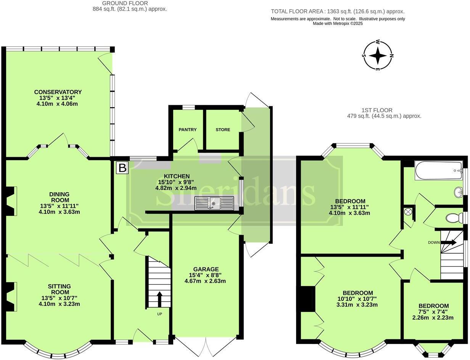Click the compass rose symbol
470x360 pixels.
(x=378, y=56)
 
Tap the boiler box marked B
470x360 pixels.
(x=122, y=168)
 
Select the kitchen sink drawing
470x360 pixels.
(x=214, y=203)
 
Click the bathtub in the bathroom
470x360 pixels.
(x=438, y=170)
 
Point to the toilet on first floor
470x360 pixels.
(x=454, y=218)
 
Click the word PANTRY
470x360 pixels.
(x=188, y=130)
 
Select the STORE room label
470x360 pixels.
(x=223, y=130)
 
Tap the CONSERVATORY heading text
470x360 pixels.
(x=58, y=92)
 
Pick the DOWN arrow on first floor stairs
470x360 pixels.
(x=449, y=242)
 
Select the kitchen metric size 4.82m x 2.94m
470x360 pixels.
(x=176, y=188)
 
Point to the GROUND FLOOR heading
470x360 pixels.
(x=120, y=3)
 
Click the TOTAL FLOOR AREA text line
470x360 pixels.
(x=338, y=11)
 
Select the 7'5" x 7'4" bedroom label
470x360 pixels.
(x=433, y=312)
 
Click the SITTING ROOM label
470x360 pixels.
(x=59, y=289)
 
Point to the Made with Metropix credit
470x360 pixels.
(x=338, y=24)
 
